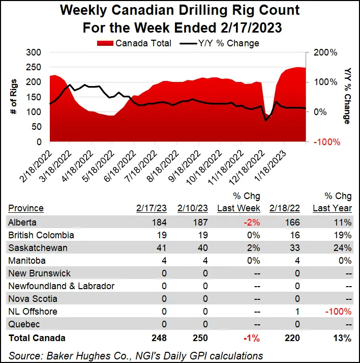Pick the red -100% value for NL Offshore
coord(339,312)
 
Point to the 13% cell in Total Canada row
coord(344,338)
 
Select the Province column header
coord(26,208)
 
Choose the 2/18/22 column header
coord(285,208)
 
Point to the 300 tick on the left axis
coord(33,52)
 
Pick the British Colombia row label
coord(41,235)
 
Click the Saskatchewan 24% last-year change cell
coord(344,247)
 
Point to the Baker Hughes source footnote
coord(136,355)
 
